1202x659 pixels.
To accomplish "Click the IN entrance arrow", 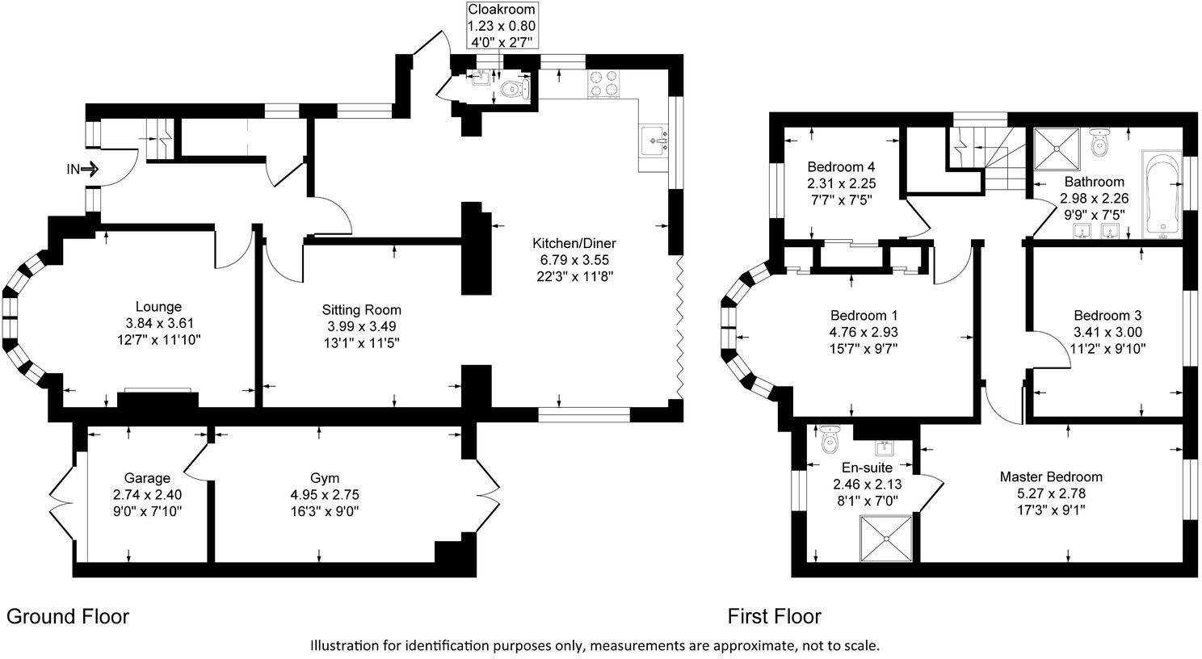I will [82, 170].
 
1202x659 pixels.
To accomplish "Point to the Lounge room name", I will [158, 307].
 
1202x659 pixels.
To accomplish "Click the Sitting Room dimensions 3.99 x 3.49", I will [361, 326].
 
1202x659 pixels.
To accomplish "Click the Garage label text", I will [147, 478].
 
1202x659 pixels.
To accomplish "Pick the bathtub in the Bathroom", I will [1162, 194].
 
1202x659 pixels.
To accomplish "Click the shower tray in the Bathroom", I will [1057, 148].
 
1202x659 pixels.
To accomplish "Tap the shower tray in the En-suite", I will [887, 537].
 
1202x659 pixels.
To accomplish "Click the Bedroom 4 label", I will [841, 167].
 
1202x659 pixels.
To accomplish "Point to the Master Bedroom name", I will [1050, 476].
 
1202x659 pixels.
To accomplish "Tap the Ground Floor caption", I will [68, 617].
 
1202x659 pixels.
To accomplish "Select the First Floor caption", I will [774, 617].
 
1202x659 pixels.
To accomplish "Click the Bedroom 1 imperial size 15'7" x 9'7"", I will [864, 349].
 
